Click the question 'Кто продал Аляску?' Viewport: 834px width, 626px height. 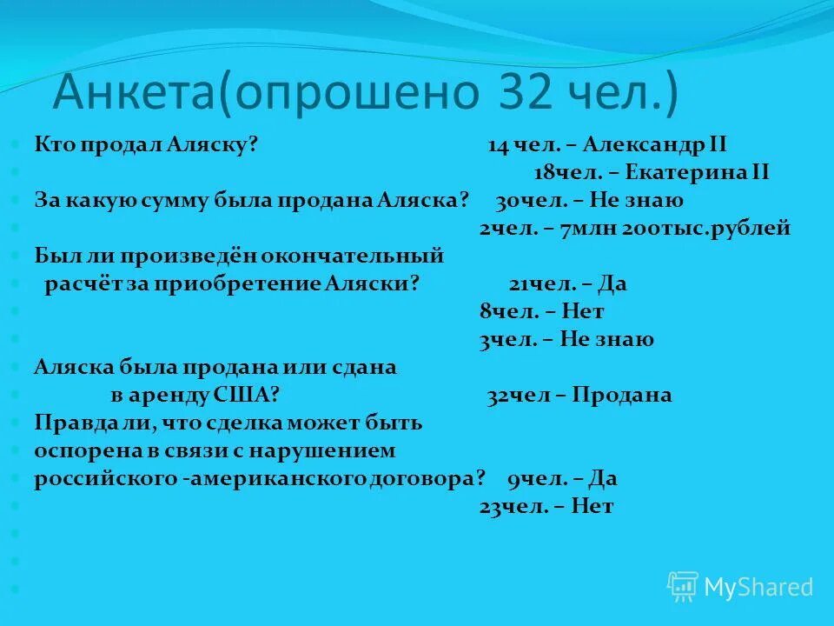tap(147, 144)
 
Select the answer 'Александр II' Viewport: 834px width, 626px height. tap(655, 144)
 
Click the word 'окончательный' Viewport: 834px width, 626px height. tap(364, 256)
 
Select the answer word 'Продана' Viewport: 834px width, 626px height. tap(621, 396)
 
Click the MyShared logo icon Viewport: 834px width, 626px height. tap(683, 587)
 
